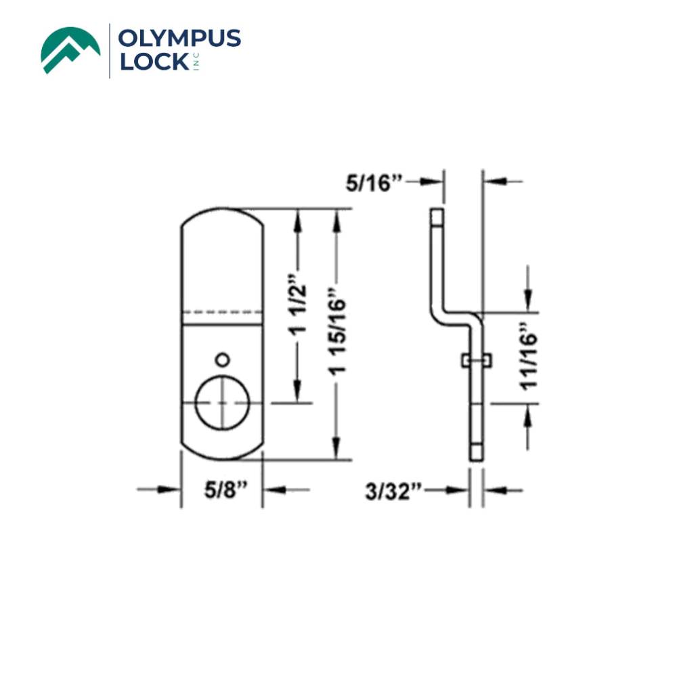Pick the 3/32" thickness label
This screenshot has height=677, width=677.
[x=394, y=489]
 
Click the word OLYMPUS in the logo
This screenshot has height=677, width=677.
[x=179, y=39]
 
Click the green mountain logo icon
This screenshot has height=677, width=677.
[x=70, y=49]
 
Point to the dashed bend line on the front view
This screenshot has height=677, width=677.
[x=221, y=312]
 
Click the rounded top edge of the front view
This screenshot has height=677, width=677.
[x=221, y=211]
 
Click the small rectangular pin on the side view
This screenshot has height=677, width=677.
[x=475, y=361]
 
